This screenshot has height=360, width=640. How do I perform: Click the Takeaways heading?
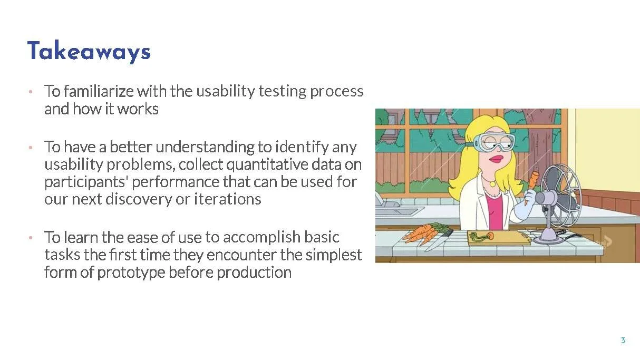(x=89, y=52)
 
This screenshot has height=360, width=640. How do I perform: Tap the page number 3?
(x=623, y=340)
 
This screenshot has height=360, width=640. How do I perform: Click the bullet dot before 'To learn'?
(x=31, y=237)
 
